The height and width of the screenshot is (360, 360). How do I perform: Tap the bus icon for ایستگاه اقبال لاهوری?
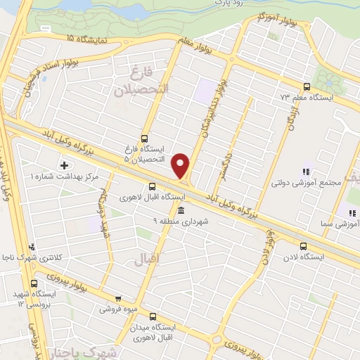tap(153, 187)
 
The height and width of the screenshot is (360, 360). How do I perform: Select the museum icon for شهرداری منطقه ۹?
tap(181, 212)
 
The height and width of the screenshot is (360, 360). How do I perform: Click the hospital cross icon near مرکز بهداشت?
tap(65, 165)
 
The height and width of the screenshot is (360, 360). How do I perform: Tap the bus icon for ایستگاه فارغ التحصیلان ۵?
tap(145, 139)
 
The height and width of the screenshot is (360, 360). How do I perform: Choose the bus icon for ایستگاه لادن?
tap(303, 247)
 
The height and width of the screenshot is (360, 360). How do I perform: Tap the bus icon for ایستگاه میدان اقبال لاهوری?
tap(153, 316)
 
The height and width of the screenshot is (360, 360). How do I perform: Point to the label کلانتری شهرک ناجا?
tap(32, 257)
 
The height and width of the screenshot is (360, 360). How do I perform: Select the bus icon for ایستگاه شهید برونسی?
tap(34, 283)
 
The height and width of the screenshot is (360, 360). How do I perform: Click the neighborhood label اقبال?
tap(148, 260)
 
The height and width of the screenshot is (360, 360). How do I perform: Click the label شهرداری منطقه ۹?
tap(181, 221)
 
